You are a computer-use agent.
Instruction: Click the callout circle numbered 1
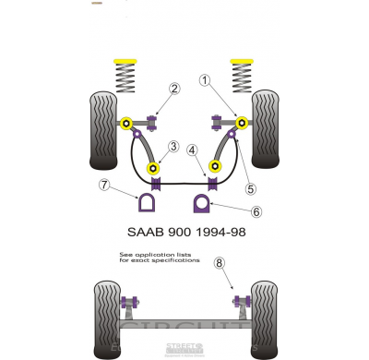point(203,80)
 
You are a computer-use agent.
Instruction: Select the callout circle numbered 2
point(173,90)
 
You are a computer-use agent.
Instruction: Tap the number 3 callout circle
point(173,146)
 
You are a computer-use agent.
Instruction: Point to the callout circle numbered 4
point(192,150)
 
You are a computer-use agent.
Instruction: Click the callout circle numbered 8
point(219,263)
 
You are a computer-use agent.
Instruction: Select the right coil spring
point(244,74)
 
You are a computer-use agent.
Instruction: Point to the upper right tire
point(265,127)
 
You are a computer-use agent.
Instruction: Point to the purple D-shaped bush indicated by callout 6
point(201,202)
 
